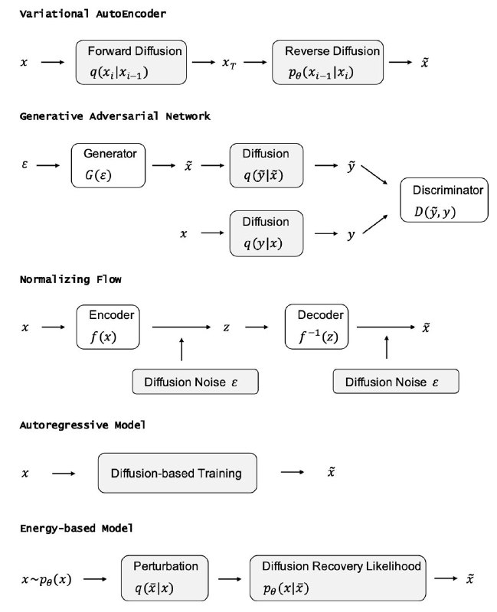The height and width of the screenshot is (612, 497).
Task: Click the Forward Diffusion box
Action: click(131, 62)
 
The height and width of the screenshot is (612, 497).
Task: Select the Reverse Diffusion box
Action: click(328, 62)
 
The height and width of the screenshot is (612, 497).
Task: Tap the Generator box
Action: click(108, 165)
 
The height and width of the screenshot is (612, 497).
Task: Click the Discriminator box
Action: click(444, 200)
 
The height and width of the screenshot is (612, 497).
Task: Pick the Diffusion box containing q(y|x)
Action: click(266, 233)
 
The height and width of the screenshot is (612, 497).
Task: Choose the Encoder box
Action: click(108, 327)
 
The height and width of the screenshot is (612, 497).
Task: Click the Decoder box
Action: click(317, 327)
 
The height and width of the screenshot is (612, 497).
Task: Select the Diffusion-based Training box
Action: click(178, 473)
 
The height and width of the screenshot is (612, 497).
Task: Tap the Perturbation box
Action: click(165, 578)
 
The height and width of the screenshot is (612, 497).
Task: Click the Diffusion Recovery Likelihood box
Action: click(338, 578)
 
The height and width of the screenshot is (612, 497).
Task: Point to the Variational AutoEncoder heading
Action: click(93, 14)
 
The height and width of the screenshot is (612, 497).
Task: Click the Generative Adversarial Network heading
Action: click(115, 116)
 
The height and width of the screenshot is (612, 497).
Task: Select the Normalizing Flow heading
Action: click(70, 279)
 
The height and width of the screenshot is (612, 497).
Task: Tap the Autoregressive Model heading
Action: click(83, 425)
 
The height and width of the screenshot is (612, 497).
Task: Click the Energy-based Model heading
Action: click(76, 529)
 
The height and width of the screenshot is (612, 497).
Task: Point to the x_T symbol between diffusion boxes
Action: click(229, 63)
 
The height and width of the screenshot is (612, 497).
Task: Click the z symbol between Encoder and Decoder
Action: click(226, 327)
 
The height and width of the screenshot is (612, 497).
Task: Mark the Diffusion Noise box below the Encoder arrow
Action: click(195, 382)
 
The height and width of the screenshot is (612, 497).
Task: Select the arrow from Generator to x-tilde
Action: click(164, 165)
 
